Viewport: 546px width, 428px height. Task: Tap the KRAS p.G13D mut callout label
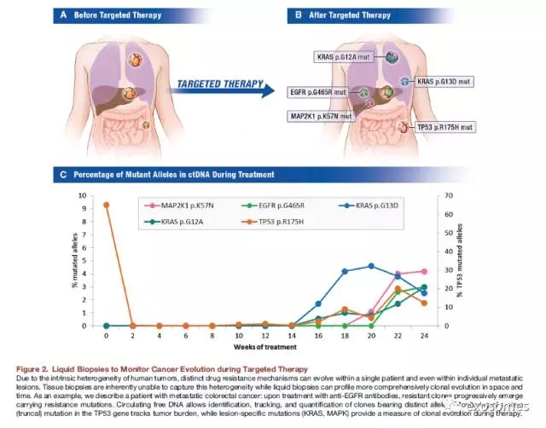[x=444, y=82]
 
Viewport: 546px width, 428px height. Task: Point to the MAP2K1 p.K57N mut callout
[x=322, y=114]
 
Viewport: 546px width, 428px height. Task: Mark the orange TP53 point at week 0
[x=107, y=205]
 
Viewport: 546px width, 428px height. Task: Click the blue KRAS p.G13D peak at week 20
[x=370, y=266]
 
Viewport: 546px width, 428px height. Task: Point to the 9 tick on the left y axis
[x=96, y=195]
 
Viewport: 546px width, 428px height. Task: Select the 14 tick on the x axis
[x=292, y=335]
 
